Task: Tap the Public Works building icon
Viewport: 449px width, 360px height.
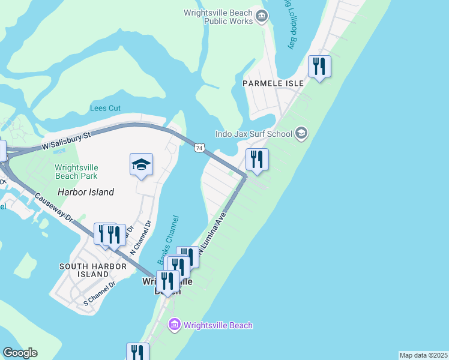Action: pos(261,16)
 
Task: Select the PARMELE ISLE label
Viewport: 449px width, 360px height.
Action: pos(270,83)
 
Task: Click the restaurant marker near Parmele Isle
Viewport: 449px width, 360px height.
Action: pos(319,66)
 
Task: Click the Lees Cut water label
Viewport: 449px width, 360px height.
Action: pos(105,108)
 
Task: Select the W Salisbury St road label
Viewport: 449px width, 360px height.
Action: pos(66,141)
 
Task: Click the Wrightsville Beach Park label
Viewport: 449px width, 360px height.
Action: pos(76,172)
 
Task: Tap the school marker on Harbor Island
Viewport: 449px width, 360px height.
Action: pos(141,164)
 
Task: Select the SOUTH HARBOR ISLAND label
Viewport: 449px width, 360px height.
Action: pos(85,269)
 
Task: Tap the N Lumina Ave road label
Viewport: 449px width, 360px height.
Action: pos(213,232)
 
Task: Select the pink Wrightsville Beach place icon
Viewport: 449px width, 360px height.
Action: pos(175,325)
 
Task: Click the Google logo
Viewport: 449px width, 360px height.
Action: pos(20,353)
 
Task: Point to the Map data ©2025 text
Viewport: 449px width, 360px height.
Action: pos(423,355)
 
